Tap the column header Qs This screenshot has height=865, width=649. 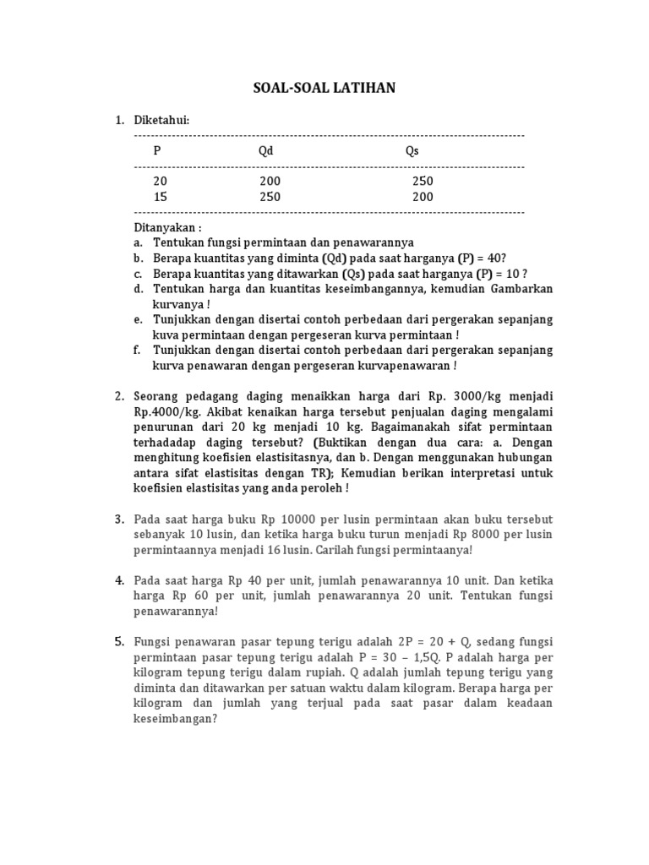(x=412, y=150)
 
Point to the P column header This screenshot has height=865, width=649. (x=157, y=150)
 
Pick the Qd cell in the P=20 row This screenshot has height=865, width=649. (x=270, y=182)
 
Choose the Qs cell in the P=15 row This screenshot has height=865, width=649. (x=423, y=197)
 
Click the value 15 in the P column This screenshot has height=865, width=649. (x=161, y=197)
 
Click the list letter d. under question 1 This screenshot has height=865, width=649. (x=139, y=289)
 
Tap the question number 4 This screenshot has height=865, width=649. (x=120, y=580)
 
